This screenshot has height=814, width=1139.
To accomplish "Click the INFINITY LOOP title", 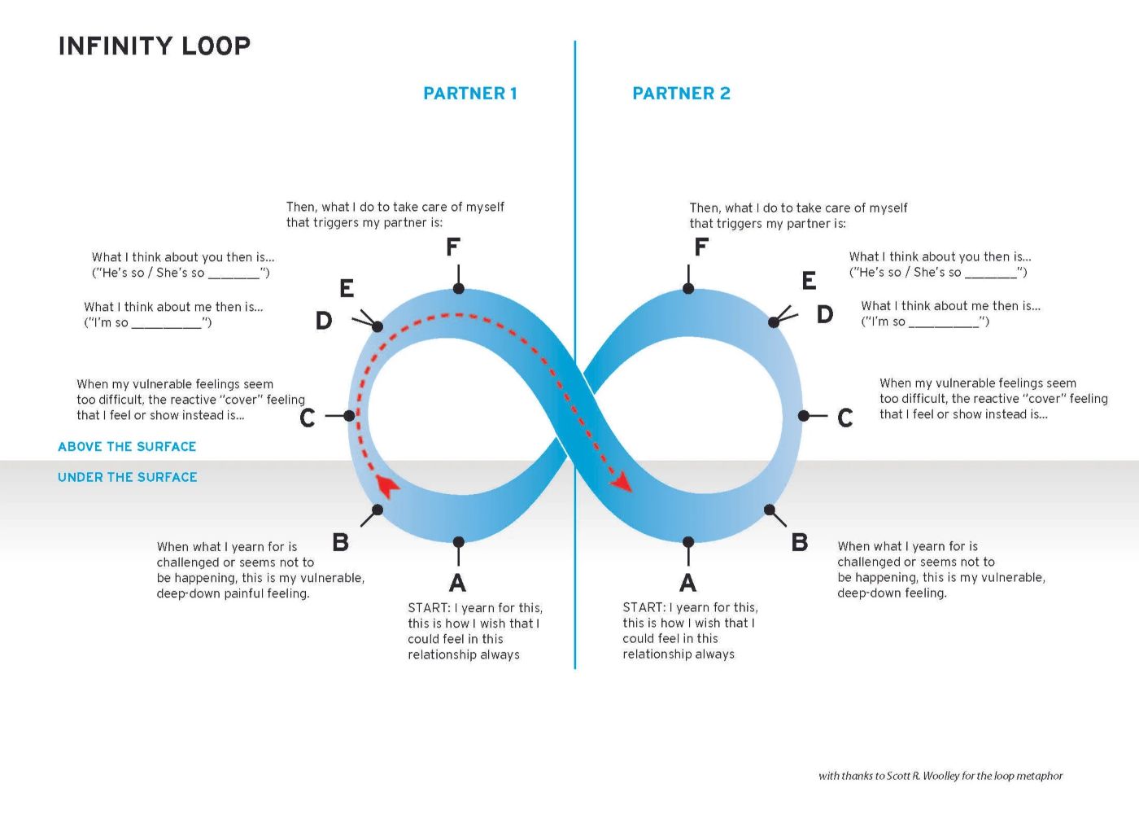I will click(154, 46).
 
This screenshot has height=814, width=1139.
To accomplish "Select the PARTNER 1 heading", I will click(469, 94).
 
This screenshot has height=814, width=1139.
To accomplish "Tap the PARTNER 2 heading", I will click(681, 94).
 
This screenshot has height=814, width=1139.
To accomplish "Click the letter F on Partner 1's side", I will click(453, 247).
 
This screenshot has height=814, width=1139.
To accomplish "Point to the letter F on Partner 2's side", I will click(701, 247).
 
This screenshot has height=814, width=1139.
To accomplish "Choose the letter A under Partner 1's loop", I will click(458, 583).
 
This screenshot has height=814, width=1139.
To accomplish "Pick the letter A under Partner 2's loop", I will click(688, 583).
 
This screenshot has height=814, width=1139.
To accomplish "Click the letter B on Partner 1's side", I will click(341, 542).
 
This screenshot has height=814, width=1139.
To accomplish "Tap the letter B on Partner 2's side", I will click(800, 542).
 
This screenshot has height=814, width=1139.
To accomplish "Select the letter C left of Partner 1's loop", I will click(308, 418).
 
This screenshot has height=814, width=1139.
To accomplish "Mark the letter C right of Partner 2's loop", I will click(845, 418).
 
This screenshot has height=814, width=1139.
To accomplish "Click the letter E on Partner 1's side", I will click(347, 288).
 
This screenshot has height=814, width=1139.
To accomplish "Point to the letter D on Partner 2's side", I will click(825, 314).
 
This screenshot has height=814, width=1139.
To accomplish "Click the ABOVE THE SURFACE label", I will click(127, 447).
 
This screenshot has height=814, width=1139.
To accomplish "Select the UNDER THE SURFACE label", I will click(128, 478).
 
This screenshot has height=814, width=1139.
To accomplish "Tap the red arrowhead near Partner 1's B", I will click(387, 486).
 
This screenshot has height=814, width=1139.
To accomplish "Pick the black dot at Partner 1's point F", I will click(459, 289).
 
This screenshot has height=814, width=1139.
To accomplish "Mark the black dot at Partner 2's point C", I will click(803, 416).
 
